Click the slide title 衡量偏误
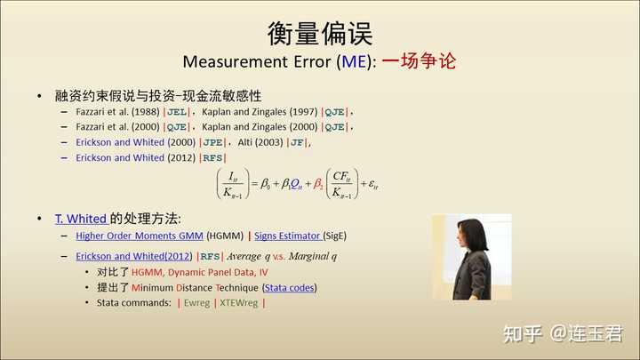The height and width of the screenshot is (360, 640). click(x=320, y=34)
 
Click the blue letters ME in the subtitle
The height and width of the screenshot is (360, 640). click(x=354, y=61)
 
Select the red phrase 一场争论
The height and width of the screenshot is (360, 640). click(x=419, y=61)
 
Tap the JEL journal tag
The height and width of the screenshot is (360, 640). click(x=177, y=112)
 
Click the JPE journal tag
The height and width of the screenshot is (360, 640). click(x=212, y=142)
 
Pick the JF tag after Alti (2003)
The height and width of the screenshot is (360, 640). click(x=297, y=142)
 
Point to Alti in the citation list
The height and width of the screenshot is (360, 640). click(x=245, y=142)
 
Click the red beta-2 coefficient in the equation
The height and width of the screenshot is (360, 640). click(x=318, y=184)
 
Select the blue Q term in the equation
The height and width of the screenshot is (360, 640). click(x=296, y=185)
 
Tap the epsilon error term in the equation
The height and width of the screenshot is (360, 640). click(x=373, y=185)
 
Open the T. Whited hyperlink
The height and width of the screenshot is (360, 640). click(x=81, y=220)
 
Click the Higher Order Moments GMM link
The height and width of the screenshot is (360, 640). click(x=140, y=236)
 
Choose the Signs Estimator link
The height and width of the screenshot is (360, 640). click(x=287, y=236)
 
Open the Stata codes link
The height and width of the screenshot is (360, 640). click(x=289, y=288)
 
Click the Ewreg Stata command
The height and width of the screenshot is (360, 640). click(x=196, y=303)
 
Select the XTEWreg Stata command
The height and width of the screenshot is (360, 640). click(x=239, y=303)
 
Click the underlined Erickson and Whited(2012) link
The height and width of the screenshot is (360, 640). click(x=133, y=256)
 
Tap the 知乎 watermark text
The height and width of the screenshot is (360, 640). click(x=523, y=334)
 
